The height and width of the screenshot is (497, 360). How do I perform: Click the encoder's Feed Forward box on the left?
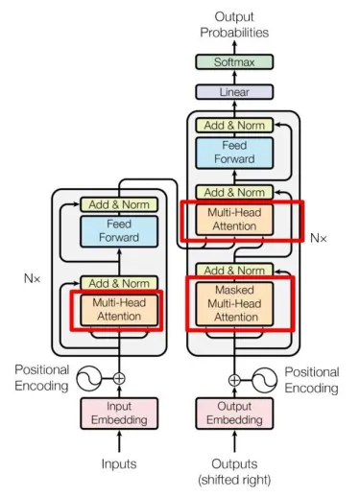118,230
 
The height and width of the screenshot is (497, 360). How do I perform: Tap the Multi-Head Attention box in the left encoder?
118,310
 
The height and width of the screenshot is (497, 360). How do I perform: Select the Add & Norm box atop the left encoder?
118,203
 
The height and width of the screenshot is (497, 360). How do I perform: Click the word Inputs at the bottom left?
119,463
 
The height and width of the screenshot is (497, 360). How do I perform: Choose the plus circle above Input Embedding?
119,378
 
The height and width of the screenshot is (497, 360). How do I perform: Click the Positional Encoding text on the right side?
312,380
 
